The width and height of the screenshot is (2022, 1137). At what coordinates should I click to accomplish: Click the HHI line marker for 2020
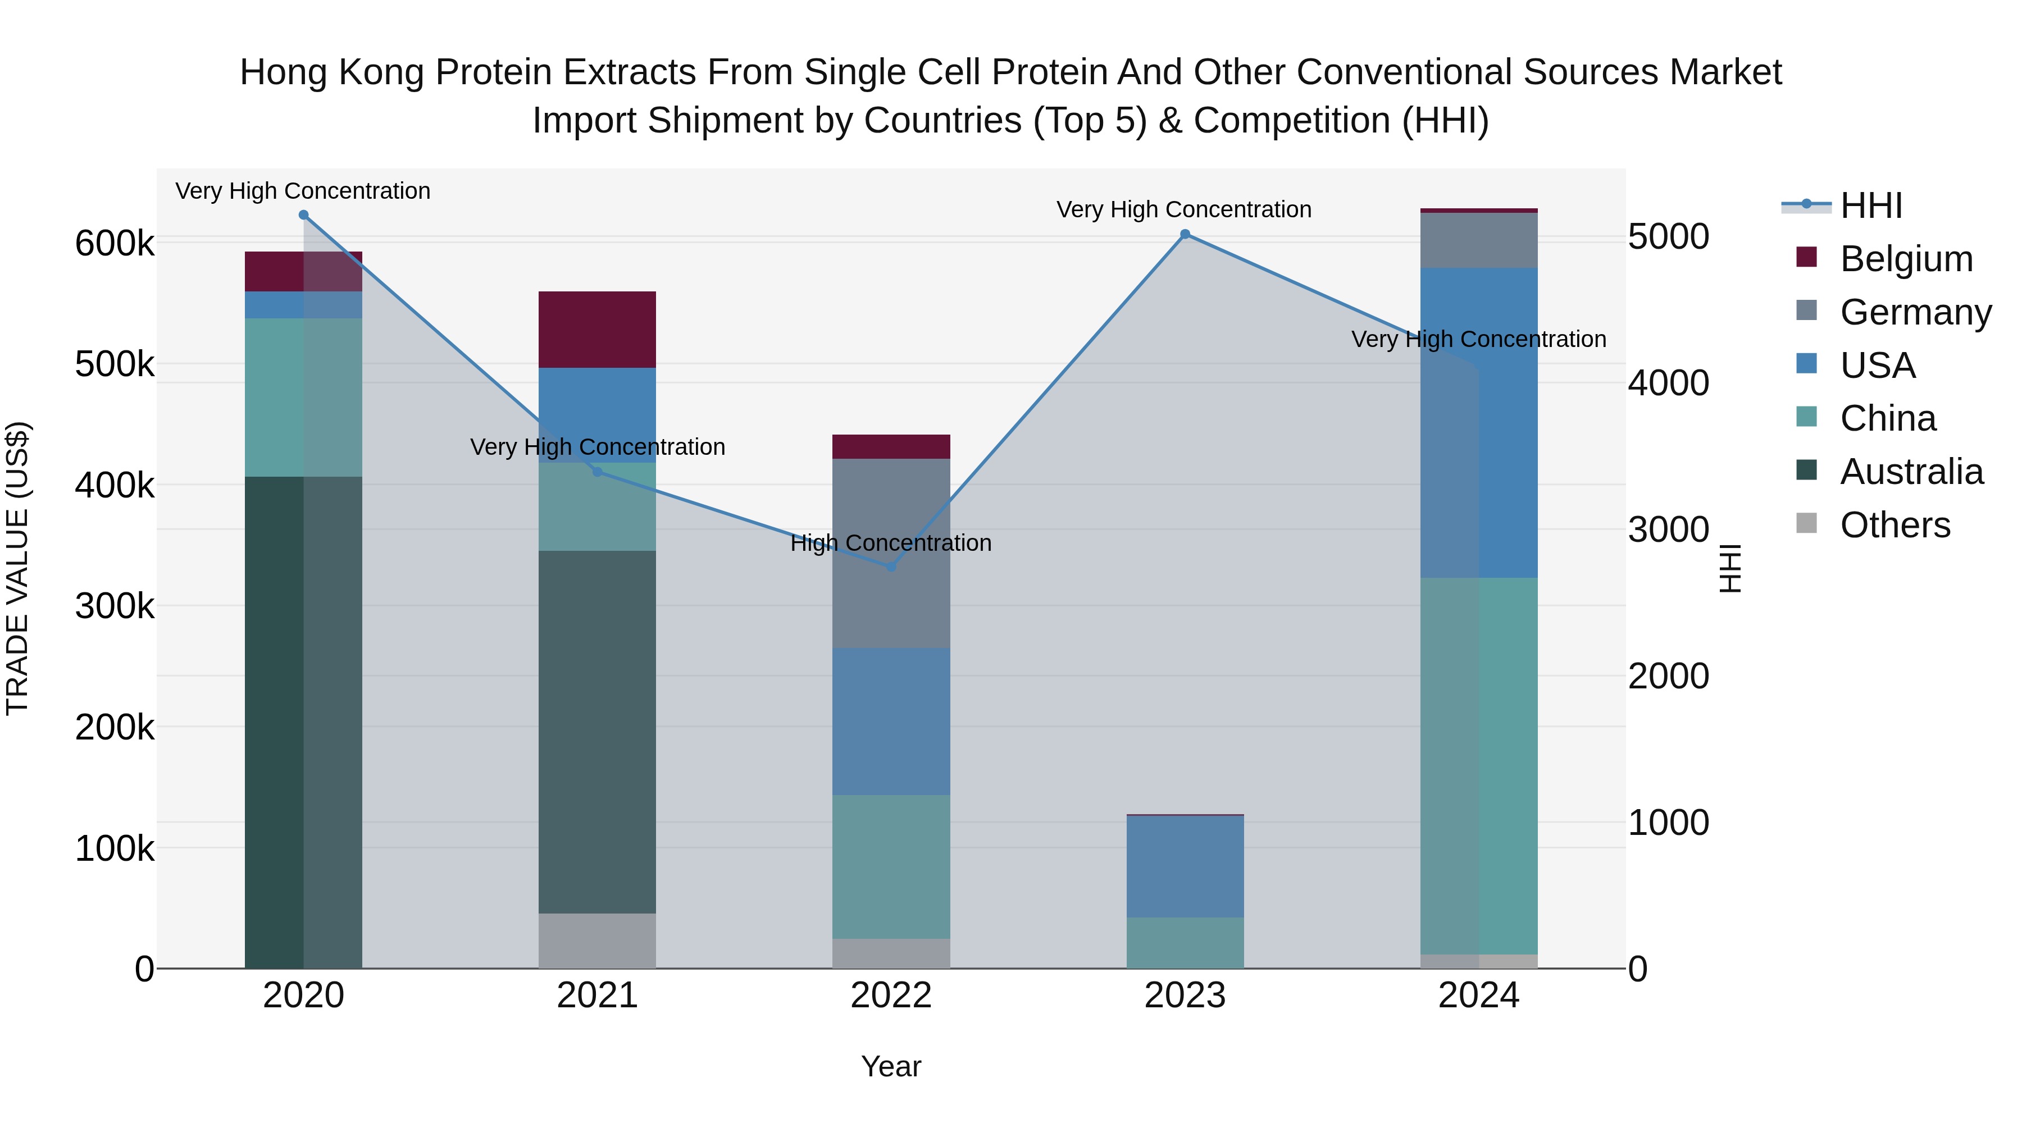click(x=304, y=215)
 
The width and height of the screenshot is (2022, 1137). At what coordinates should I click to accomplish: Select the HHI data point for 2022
click(x=891, y=567)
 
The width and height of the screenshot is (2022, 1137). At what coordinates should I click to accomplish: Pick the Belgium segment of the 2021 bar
click(x=598, y=330)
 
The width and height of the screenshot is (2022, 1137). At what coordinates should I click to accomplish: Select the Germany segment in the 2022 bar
click(x=891, y=552)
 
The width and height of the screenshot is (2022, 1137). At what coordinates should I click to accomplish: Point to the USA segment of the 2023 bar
click(x=1185, y=866)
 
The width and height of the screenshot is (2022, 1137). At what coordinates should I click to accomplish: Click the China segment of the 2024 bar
click(x=1479, y=766)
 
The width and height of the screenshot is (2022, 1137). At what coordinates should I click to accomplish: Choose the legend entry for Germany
click(x=1915, y=312)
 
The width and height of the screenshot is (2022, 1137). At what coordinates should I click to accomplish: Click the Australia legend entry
click(x=1911, y=472)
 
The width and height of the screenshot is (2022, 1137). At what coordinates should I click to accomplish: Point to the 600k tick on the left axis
click(x=115, y=243)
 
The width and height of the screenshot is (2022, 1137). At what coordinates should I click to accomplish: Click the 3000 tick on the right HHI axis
click(x=1668, y=529)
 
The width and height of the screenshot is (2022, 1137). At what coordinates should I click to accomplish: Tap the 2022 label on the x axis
click(x=891, y=996)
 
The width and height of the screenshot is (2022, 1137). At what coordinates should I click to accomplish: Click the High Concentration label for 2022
click(x=891, y=543)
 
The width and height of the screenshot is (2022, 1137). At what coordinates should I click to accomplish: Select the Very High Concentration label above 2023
click(x=1183, y=209)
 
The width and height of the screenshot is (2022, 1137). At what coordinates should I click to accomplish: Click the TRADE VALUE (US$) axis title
click(x=18, y=568)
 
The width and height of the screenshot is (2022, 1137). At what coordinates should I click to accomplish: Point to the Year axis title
click(x=891, y=1066)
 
